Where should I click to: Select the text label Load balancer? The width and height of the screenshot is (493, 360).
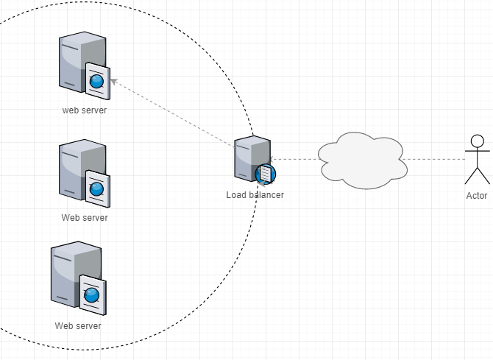tap(255, 195)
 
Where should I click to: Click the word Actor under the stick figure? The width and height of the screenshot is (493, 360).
tap(477, 196)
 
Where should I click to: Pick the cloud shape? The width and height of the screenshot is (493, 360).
tap(362, 160)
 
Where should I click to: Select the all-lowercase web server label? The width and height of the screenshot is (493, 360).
tap(85, 110)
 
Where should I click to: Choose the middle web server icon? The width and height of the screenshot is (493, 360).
tap(83, 172)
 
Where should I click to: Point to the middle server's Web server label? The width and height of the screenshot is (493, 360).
tap(85, 218)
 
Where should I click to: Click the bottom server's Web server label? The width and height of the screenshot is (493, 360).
tap(78, 325)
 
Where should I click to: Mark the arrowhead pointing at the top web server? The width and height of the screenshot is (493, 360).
tap(116, 82)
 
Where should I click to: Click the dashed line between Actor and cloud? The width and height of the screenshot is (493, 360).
tap(436, 159)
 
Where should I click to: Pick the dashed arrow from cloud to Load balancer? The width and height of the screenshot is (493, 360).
tap(294, 159)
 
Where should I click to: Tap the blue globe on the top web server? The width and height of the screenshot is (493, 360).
tap(98, 80)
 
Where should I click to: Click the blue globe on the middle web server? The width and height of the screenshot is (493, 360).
tap(96, 188)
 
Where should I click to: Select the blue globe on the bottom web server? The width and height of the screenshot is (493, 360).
tap(91, 294)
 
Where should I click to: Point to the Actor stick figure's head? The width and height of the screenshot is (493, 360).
tap(477, 141)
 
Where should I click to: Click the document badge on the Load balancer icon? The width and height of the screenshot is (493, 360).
tap(266, 174)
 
